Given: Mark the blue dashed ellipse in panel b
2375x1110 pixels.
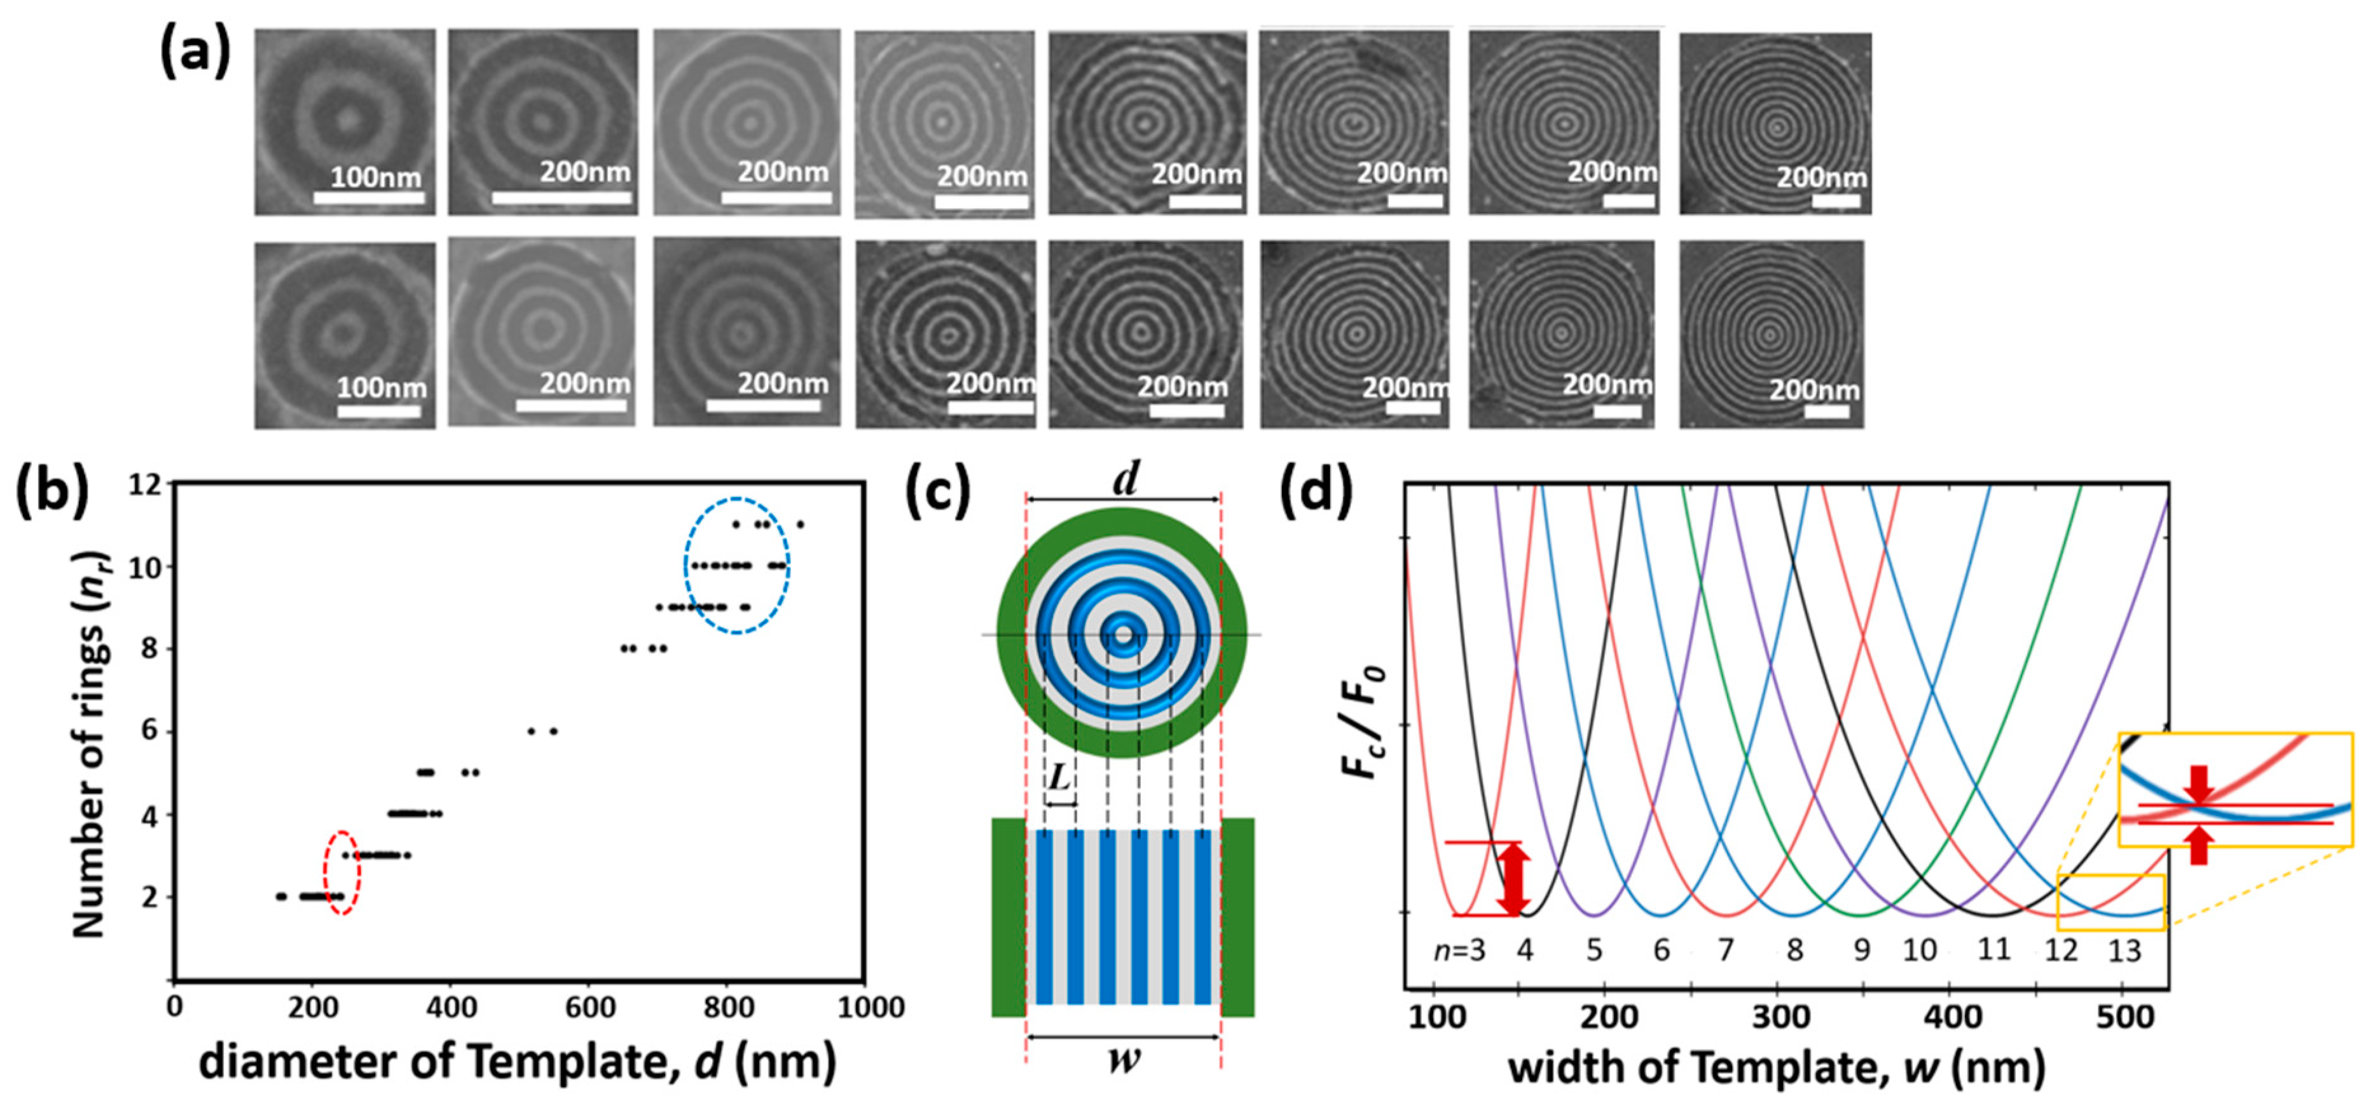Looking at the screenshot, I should click(x=736, y=565).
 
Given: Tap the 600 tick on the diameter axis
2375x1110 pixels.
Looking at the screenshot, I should click(x=589, y=1007).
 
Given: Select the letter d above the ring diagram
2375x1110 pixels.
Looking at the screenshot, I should click(x=1124, y=478).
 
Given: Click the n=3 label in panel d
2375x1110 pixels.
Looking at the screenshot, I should click(x=1459, y=950).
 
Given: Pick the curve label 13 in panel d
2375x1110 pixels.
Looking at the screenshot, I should click(x=2124, y=950).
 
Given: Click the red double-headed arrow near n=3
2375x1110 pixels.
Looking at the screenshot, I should click(x=1513, y=878).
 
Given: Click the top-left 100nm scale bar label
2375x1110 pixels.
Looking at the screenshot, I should click(x=375, y=176).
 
